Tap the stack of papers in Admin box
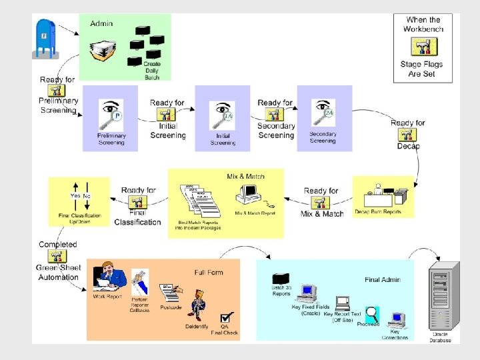105,51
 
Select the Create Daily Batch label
152,70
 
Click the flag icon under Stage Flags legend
423,47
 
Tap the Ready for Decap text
407,134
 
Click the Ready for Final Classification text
137,206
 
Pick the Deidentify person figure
197,305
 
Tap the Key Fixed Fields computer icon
308,293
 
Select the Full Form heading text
209,272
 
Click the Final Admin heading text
382,280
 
